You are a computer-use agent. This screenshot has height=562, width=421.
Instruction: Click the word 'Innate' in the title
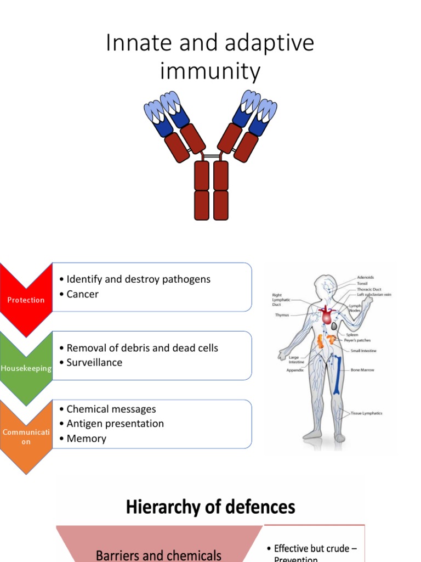point(135,44)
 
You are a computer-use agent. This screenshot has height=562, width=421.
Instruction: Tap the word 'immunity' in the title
point(210,71)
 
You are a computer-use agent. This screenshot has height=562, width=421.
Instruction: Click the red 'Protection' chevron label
point(26,300)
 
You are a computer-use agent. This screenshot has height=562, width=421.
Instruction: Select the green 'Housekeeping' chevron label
point(26,368)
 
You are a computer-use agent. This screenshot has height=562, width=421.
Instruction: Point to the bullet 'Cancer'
point(82,294)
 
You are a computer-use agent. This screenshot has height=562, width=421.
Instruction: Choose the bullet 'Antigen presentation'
point(115,423)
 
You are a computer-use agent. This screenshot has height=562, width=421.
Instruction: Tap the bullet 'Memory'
point(86,438)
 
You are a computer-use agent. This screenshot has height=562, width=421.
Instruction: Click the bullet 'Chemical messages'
point(111,409)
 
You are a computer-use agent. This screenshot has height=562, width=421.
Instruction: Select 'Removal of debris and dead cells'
point(142,348)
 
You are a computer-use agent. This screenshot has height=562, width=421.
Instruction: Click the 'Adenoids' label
point(366,278)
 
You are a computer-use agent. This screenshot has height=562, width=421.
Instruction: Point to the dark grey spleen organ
point(334,326)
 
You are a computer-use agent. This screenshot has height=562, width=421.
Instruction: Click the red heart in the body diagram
point(326,316)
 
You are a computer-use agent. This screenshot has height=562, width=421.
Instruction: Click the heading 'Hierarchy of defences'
point(210,506)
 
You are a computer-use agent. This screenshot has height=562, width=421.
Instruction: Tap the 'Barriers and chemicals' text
point(159,554)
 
